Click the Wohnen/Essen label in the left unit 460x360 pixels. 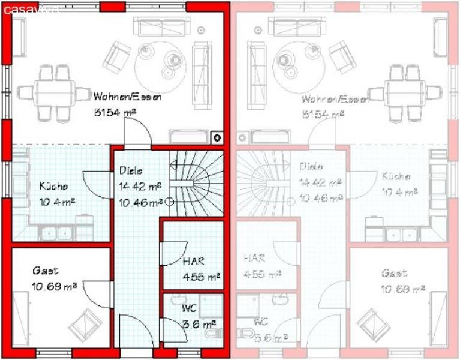pos(128,97)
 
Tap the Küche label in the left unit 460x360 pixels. pos(54,185)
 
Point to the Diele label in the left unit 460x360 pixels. pos(131,170)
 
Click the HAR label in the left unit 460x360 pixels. pos(193,262)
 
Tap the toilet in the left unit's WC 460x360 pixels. pos(210,331)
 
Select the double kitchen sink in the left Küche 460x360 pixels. pos(57,232)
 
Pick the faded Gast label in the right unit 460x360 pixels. pos(393,273)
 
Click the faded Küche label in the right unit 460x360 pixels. pos(395,176)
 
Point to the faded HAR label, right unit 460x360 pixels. pos(254,259)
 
